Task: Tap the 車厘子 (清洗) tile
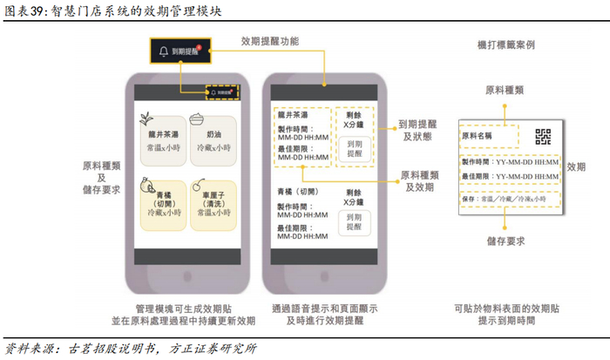214,203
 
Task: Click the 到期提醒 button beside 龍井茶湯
354,147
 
